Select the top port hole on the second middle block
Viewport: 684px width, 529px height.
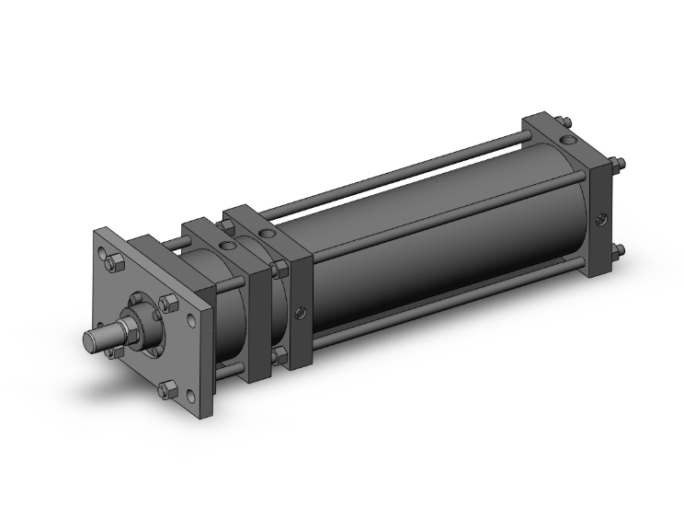(x=268, y=235)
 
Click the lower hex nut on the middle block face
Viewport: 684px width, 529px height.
(x=280, y=354)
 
